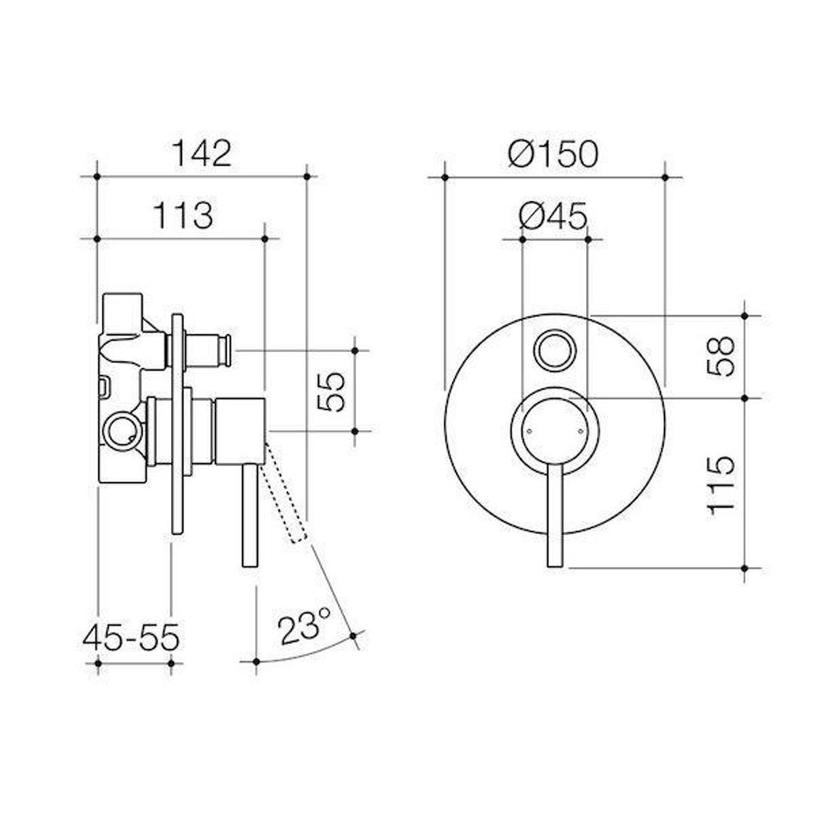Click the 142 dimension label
point(201,154)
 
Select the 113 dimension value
point(183,216)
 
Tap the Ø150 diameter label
point(554,154)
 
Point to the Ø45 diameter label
point(554,217)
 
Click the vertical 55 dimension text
point(332,391)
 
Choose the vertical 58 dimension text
point(721,357)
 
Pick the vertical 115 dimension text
point(721,484)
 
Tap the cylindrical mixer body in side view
point(238,430)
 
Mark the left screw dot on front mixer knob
point(530,432)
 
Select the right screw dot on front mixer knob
point(580,432)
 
